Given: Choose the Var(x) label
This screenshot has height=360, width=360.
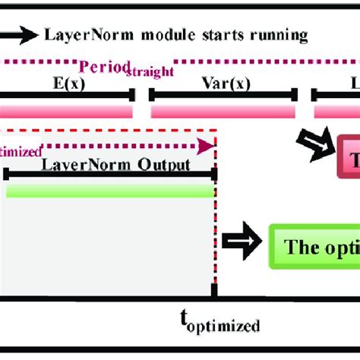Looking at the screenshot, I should point(221,82).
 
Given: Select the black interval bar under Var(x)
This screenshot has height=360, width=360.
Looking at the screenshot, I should point(223,96).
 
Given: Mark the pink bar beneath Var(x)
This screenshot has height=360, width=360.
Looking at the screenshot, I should point(223,112).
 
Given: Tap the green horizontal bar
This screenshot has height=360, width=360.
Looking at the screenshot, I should point(110,191).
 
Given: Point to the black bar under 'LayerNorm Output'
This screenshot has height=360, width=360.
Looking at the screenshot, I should point(110,177).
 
